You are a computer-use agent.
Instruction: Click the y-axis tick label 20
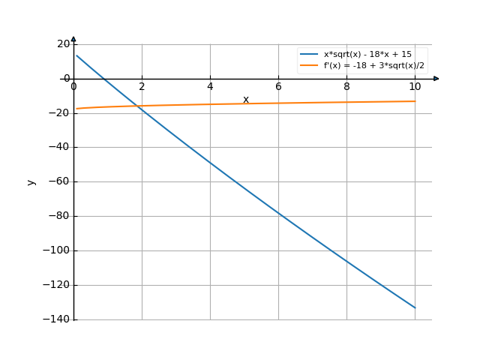click(63, 43)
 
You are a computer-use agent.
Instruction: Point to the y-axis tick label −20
click(59, 112)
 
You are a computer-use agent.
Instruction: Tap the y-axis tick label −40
click(59, 147)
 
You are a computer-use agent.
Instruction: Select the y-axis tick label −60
click(59, 181)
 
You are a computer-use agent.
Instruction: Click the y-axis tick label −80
click(59, 216)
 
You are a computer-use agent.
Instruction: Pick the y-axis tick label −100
click(57, 250)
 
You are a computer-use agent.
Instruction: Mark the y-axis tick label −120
click(57, 285)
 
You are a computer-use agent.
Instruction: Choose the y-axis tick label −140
click(57, 319)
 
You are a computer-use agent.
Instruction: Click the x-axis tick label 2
click(142, 87)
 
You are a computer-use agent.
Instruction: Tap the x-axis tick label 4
click(210, 87)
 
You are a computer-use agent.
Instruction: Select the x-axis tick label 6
click(278, 87)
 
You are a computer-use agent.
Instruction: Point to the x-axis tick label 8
click(346, 87)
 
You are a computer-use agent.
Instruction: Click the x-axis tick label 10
click(415, 87)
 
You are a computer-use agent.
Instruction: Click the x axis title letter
click(245, 100)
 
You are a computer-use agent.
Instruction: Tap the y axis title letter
click(31, 181)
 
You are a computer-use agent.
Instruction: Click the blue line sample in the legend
click(310, 55)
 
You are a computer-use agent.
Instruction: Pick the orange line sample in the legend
click(310, 66)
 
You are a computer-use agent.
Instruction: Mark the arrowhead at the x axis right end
click(436, 78)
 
